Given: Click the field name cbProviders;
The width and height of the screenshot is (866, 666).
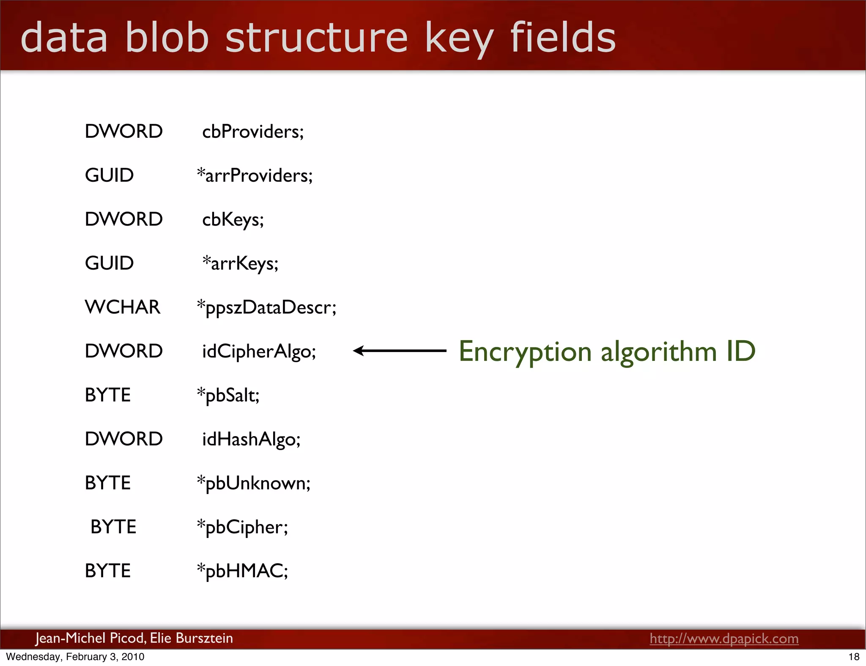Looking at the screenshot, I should pos(253,132).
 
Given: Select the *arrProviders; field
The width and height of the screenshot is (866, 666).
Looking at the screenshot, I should pos(255,176).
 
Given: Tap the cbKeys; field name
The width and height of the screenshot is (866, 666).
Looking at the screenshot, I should pos(233,220).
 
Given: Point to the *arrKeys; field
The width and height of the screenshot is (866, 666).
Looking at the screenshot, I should pos(240,264).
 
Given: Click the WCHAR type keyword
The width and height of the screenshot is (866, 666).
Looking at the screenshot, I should pos(123,307).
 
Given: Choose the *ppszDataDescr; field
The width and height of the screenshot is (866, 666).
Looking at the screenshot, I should pos(267,308).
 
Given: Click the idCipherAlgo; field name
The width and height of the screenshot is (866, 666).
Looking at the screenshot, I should pos(259,352).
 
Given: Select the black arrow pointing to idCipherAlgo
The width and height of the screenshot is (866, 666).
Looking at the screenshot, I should pos(400,351).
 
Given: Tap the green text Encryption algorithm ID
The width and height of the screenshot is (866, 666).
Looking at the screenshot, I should pos(607,352).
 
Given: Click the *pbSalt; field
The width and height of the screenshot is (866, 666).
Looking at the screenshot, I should pos(228,396).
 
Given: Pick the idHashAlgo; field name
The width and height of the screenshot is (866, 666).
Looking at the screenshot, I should pos(251,439).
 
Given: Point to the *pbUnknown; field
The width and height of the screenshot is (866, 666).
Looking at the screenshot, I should pos(254,483).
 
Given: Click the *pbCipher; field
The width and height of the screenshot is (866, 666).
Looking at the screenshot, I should pos(243,527).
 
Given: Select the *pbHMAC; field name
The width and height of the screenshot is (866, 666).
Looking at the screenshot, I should pos(243,571).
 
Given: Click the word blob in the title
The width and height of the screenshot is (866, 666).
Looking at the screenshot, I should pos(167,38).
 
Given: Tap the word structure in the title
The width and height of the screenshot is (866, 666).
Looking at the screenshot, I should pos(316,38).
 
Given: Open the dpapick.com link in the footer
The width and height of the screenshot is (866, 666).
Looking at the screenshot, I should pos(724,639).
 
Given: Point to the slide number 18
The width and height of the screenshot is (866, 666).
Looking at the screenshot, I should pos(854,657).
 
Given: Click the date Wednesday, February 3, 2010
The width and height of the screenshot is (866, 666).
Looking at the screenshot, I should pos(75,657).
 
